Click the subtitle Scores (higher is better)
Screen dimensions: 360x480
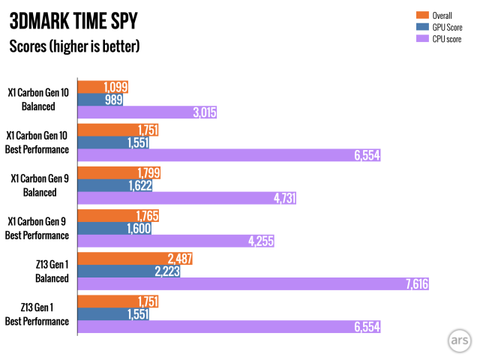74,46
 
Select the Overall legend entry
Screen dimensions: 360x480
442,15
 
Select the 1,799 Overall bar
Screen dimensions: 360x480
119,172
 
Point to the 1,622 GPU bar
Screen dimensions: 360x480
115,186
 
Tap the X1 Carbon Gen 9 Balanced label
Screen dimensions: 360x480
40,185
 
